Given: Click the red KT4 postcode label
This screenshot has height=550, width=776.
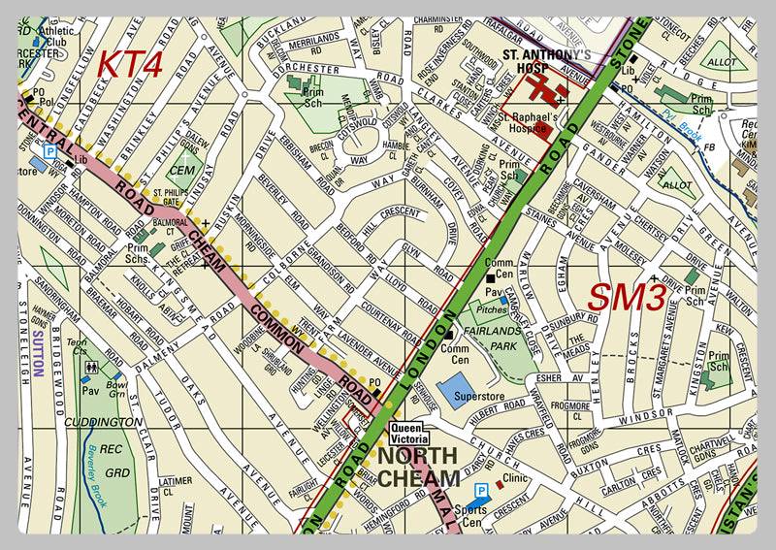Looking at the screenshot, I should pos(130,64).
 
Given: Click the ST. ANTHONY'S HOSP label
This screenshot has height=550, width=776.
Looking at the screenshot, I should pos(546,61).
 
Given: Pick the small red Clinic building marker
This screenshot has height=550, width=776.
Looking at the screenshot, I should pos(500,482).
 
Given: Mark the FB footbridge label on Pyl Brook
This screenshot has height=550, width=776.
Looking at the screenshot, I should pos(709,146).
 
